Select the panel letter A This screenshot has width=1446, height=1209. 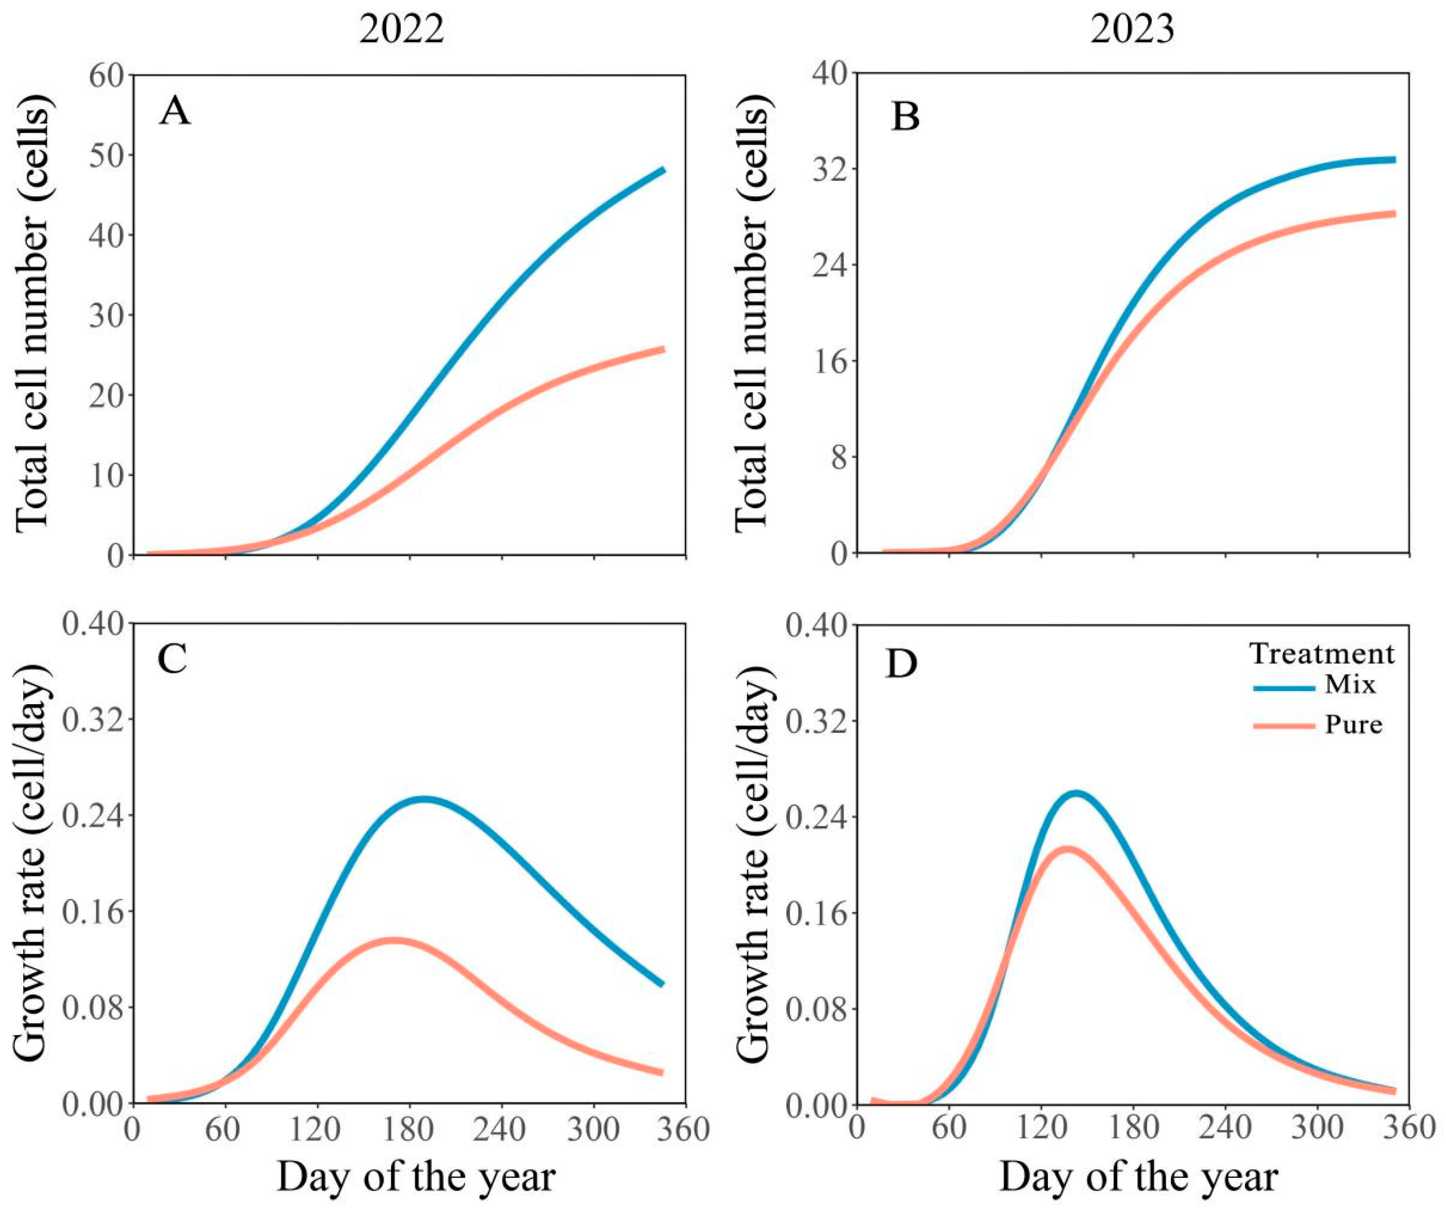point(175,112)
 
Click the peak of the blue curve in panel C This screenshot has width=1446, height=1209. point(424,799)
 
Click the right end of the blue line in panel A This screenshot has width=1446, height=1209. point(663,170)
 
